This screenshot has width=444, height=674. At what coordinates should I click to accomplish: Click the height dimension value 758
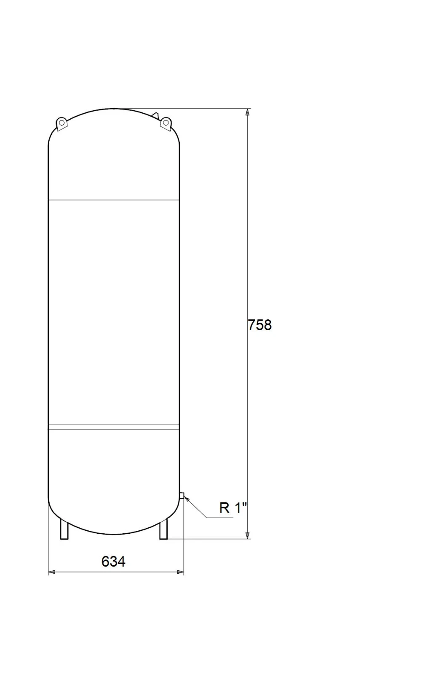pos(259,325)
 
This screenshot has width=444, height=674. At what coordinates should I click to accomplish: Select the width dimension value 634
pos(113,561)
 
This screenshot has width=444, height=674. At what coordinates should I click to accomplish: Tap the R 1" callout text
pos(233,508)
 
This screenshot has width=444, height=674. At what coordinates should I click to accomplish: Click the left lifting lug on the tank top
pos(62,124)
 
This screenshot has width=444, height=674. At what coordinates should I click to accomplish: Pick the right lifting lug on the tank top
pos(166,123)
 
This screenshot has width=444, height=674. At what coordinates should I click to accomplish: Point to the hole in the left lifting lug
pos(62,123)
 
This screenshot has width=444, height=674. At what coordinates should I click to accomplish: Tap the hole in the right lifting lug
pos(166,122)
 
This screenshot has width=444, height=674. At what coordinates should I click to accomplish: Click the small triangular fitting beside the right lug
pos(155,115)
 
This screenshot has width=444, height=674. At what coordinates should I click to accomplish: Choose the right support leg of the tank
pos(163,530)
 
